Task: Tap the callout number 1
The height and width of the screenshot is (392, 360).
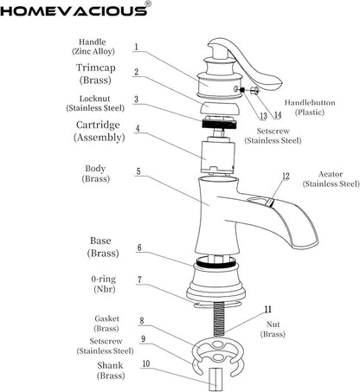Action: click(x=136, y=47)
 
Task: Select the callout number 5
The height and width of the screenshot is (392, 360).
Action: click(x=138, y=171)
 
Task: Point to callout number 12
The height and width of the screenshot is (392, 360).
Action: click(x=286, y=176)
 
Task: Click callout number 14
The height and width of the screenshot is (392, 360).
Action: click(x=278, y=115)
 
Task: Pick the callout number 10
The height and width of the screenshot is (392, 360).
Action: click(x=146, y=363)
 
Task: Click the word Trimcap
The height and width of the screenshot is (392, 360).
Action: click(x=96, y=67)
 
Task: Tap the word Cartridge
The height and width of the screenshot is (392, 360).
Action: click(x=98, y=125)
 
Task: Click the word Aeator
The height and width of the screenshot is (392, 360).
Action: click(x=331, y=174)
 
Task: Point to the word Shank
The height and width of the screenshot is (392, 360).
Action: click(x=110, y=365)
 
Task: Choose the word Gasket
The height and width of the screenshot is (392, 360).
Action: click(x=106, y=318)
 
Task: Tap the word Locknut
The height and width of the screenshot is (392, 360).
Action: click(x=95, y=99)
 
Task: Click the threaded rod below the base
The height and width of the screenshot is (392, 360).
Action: click(x=219, y=318)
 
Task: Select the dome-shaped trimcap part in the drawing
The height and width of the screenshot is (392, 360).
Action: click(x=219, y=108)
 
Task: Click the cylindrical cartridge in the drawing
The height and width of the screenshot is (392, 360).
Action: click(x=217, y=155)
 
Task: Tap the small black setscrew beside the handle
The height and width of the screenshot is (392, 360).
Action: click(x=242, y=90)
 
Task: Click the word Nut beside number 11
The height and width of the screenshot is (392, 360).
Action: click(x=273, y=325)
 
